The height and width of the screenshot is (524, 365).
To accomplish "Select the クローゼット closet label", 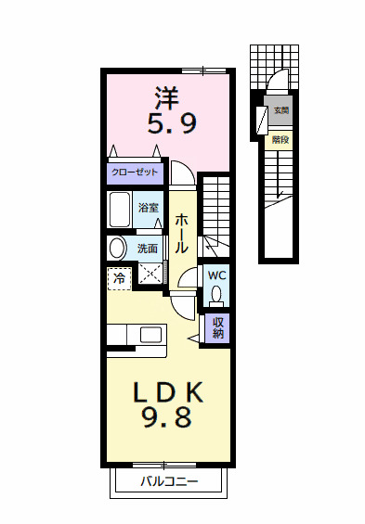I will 135,173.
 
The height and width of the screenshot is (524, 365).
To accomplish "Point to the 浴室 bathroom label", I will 148,208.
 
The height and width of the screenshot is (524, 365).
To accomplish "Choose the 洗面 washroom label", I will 148,249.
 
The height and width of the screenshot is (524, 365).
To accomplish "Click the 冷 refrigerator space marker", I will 119,276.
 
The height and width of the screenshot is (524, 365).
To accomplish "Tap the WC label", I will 215,275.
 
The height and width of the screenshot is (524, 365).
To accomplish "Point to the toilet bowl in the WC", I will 216,295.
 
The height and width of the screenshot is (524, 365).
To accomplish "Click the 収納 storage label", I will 218,327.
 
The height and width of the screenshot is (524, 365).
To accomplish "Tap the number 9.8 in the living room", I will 168,418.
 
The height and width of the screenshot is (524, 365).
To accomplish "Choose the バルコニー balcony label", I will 169,481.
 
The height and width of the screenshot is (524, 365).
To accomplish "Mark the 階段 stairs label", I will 280,141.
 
